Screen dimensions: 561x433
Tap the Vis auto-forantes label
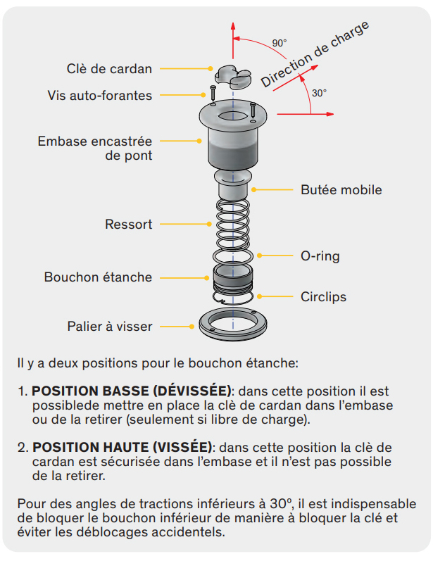tap(100, 95)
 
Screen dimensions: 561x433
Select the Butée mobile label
tap(341, 189)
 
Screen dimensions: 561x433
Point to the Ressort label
tap(128, 225)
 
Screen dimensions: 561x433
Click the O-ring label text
tap(320, 256)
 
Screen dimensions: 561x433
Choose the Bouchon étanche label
tap(98, 277)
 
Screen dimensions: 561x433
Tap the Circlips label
tap(324, 296)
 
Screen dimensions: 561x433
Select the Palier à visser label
tap(110, 326)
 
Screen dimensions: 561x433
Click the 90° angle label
tap(280, 43)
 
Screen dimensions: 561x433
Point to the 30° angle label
tap(319, 92)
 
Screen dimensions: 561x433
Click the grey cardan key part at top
tap(231, 75)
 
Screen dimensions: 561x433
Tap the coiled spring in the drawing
tap(232, 225)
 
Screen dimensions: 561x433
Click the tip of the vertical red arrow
tap(232, 20)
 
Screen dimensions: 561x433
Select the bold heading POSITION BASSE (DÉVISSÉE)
tap(132, 391)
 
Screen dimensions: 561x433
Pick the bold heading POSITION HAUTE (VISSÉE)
tap(123, 447)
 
